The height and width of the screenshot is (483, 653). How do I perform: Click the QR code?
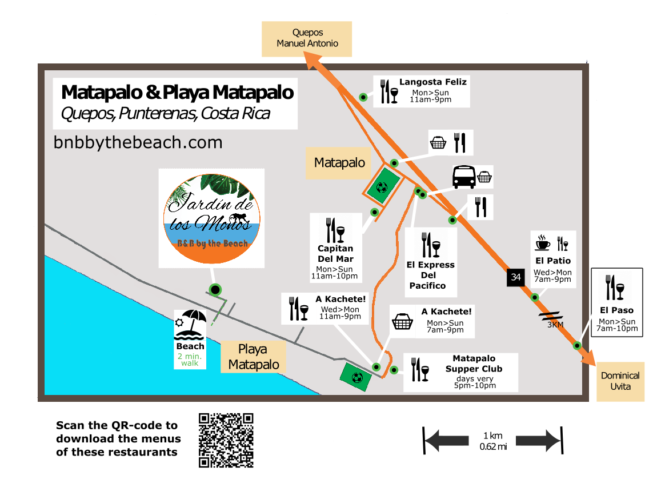coord(226,440)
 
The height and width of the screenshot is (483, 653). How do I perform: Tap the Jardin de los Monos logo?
coord(212,218)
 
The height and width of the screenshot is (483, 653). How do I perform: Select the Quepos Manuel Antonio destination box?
coord(307,38)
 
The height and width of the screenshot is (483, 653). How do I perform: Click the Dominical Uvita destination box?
coord(620,381)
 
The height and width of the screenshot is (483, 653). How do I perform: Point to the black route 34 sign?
coord(516,277)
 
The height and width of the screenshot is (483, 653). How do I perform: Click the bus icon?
coord(463,177)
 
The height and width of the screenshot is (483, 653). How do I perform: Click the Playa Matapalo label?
coord(254,357)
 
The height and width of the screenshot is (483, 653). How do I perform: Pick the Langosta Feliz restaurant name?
coord(433,82)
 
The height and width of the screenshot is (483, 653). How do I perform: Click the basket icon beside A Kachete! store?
coord(403,322)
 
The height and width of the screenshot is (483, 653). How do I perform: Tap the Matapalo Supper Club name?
coord(474,364)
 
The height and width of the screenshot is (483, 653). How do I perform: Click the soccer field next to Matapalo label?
coord(382,186)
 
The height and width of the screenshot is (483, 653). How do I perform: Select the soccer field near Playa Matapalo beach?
coord(357,377)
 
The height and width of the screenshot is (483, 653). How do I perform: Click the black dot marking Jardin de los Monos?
coord(215,290)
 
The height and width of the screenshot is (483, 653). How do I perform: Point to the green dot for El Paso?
coord(578,345)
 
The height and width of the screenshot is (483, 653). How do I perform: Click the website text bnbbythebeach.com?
coord(138,142)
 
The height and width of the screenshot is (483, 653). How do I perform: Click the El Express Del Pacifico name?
coord(430,275)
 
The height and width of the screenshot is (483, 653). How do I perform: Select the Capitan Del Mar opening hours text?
coord(334,273)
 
